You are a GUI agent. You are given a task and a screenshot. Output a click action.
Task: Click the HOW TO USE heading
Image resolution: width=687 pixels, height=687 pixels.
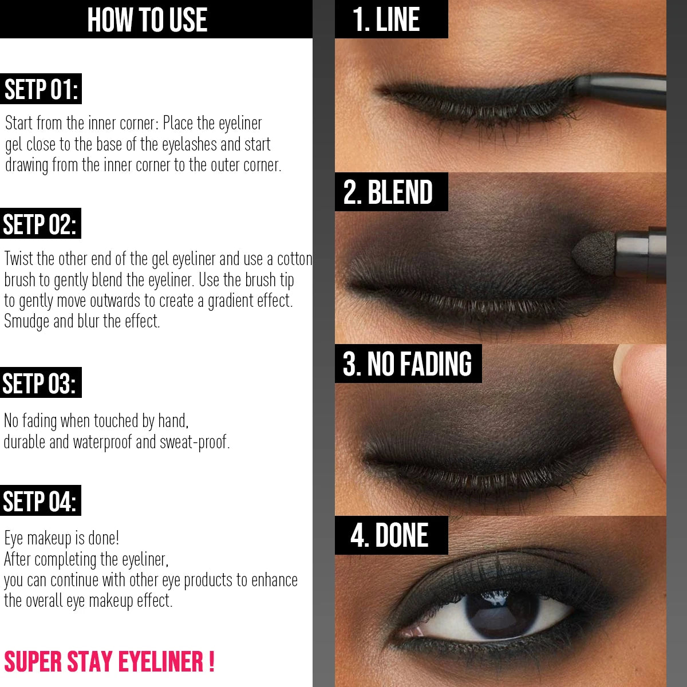point(147,19)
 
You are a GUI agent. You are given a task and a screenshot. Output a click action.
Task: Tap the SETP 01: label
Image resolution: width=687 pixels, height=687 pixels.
point(41,89)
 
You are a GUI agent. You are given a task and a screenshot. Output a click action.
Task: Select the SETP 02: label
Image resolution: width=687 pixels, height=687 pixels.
point(40,224)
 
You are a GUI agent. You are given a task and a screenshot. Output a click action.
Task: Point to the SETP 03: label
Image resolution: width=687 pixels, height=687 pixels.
point(40,383)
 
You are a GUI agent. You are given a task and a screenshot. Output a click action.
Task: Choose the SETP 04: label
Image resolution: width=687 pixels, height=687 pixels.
point(40,501)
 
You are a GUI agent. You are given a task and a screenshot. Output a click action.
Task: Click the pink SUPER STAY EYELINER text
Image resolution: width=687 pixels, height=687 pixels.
point(104,662)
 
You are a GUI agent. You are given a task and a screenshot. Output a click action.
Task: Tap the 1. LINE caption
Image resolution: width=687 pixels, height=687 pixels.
point(386,19)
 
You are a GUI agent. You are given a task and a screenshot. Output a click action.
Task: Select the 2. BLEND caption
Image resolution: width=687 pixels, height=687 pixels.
point(388,192)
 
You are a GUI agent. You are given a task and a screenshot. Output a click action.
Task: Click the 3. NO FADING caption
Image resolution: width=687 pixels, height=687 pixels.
point(407,364)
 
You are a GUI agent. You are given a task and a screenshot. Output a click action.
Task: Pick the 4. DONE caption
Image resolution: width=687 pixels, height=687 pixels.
point(389,535)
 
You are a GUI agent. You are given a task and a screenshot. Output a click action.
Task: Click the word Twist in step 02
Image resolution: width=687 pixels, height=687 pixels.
point(19,259)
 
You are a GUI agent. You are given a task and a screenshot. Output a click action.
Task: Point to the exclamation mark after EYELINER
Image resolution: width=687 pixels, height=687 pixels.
point(211,662)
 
